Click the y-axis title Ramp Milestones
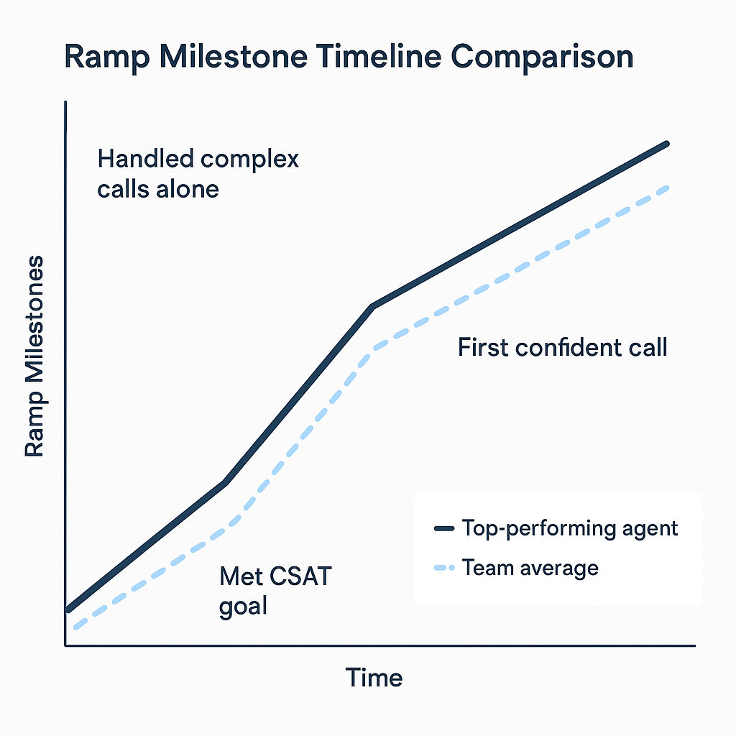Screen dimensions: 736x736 point(34,356)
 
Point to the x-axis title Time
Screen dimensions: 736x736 point(374,678)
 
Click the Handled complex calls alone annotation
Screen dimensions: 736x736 point(198,173)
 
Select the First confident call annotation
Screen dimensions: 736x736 point(562,348)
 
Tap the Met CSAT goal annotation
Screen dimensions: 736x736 point(275,590)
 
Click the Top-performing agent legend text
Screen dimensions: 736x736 point(570,528)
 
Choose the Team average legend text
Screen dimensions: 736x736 point(530,569)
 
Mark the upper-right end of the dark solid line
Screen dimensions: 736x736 point(668,144)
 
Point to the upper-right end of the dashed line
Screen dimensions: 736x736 point(668,188)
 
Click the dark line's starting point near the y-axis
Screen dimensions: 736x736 point(68,609)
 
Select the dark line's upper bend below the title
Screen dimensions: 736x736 point(372,307)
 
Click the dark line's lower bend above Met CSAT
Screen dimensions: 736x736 point(226,482)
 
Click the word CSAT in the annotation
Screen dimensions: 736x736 point(301,576)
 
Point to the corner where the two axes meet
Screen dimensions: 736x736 point(65,645)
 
